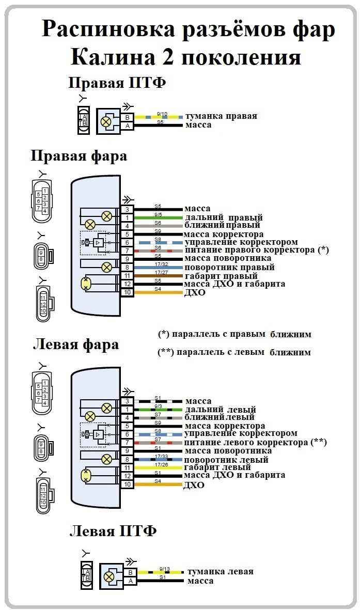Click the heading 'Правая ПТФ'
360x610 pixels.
click(117, 83)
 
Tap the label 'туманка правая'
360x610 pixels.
click(221, 116)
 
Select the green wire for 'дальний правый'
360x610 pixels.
click(159, 218)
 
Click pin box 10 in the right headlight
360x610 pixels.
click(127, 292)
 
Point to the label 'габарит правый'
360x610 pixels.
click(221, 276)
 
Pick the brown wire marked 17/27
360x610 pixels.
click(159, 276)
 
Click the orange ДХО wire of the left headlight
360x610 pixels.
click(159, 484)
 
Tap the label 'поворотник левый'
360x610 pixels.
click(226, 460)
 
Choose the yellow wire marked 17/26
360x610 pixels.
click(159, 467)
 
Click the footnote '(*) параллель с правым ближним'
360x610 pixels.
click(234, 334)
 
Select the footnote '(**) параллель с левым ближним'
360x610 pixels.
click(234, 352)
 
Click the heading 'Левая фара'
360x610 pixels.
click(75, 345)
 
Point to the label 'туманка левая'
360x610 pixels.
click(220, 571)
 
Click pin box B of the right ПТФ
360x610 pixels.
click(127, 117)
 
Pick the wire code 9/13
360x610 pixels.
click(165, 569)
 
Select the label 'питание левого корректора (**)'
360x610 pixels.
click(255, 442)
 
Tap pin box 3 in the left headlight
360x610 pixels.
click(127, 401)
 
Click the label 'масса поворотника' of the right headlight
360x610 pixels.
click(228, 258)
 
